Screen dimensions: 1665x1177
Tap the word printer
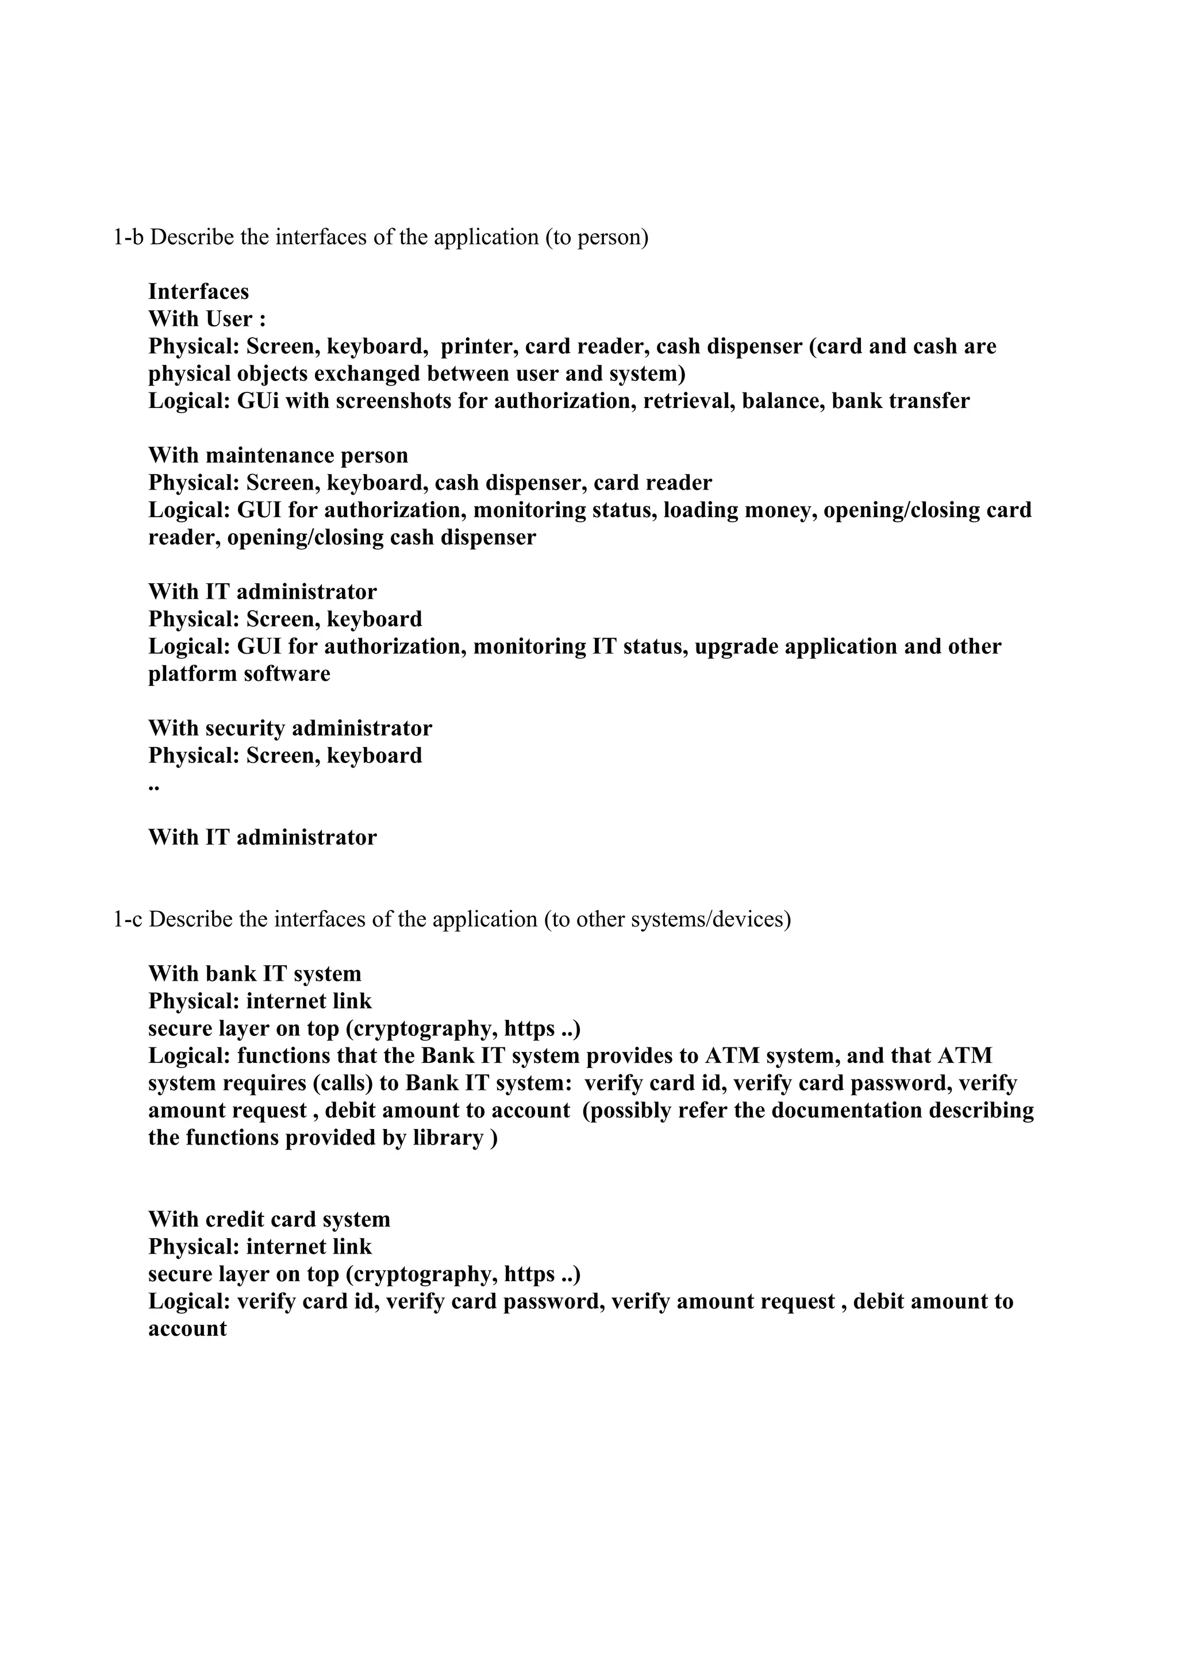click(479, 346)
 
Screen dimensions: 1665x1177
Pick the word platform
click(192, 674)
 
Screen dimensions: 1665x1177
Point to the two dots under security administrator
click(154, 786)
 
